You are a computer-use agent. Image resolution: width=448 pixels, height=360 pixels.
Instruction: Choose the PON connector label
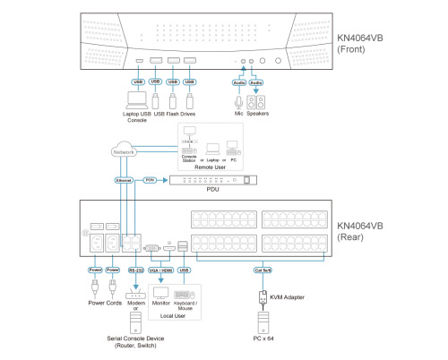click(x=151, y=180)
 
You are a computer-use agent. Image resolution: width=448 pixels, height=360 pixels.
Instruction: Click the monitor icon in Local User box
click(x=162, y=293)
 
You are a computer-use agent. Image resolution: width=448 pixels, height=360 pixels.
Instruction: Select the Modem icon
click(x=135, y=295)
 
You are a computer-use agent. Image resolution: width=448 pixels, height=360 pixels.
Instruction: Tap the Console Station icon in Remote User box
click(x=189, y=143)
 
